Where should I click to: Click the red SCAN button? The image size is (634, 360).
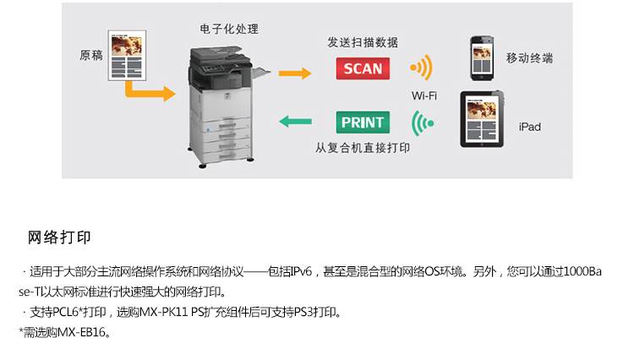point(363,68)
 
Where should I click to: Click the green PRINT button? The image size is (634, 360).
point(363,122)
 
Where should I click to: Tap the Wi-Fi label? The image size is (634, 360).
point(424,95)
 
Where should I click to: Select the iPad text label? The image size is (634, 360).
point(530,127)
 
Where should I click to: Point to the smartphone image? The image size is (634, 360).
point(482,58)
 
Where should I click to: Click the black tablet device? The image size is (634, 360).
point(482,119)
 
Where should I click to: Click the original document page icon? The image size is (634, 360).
point(127,56)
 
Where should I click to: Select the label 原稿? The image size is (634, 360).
point(91,56)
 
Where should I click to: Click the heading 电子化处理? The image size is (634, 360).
point(229,29)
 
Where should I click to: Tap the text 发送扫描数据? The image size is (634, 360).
point(363,42)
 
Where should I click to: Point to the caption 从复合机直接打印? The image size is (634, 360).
point(363,148)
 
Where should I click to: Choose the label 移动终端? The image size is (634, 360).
point(529,58)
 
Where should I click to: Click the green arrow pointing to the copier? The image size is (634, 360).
point(295,121)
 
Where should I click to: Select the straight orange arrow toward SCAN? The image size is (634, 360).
point(295,74)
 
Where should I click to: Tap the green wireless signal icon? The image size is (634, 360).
point(421,123)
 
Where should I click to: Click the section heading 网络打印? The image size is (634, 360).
point(59,237)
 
